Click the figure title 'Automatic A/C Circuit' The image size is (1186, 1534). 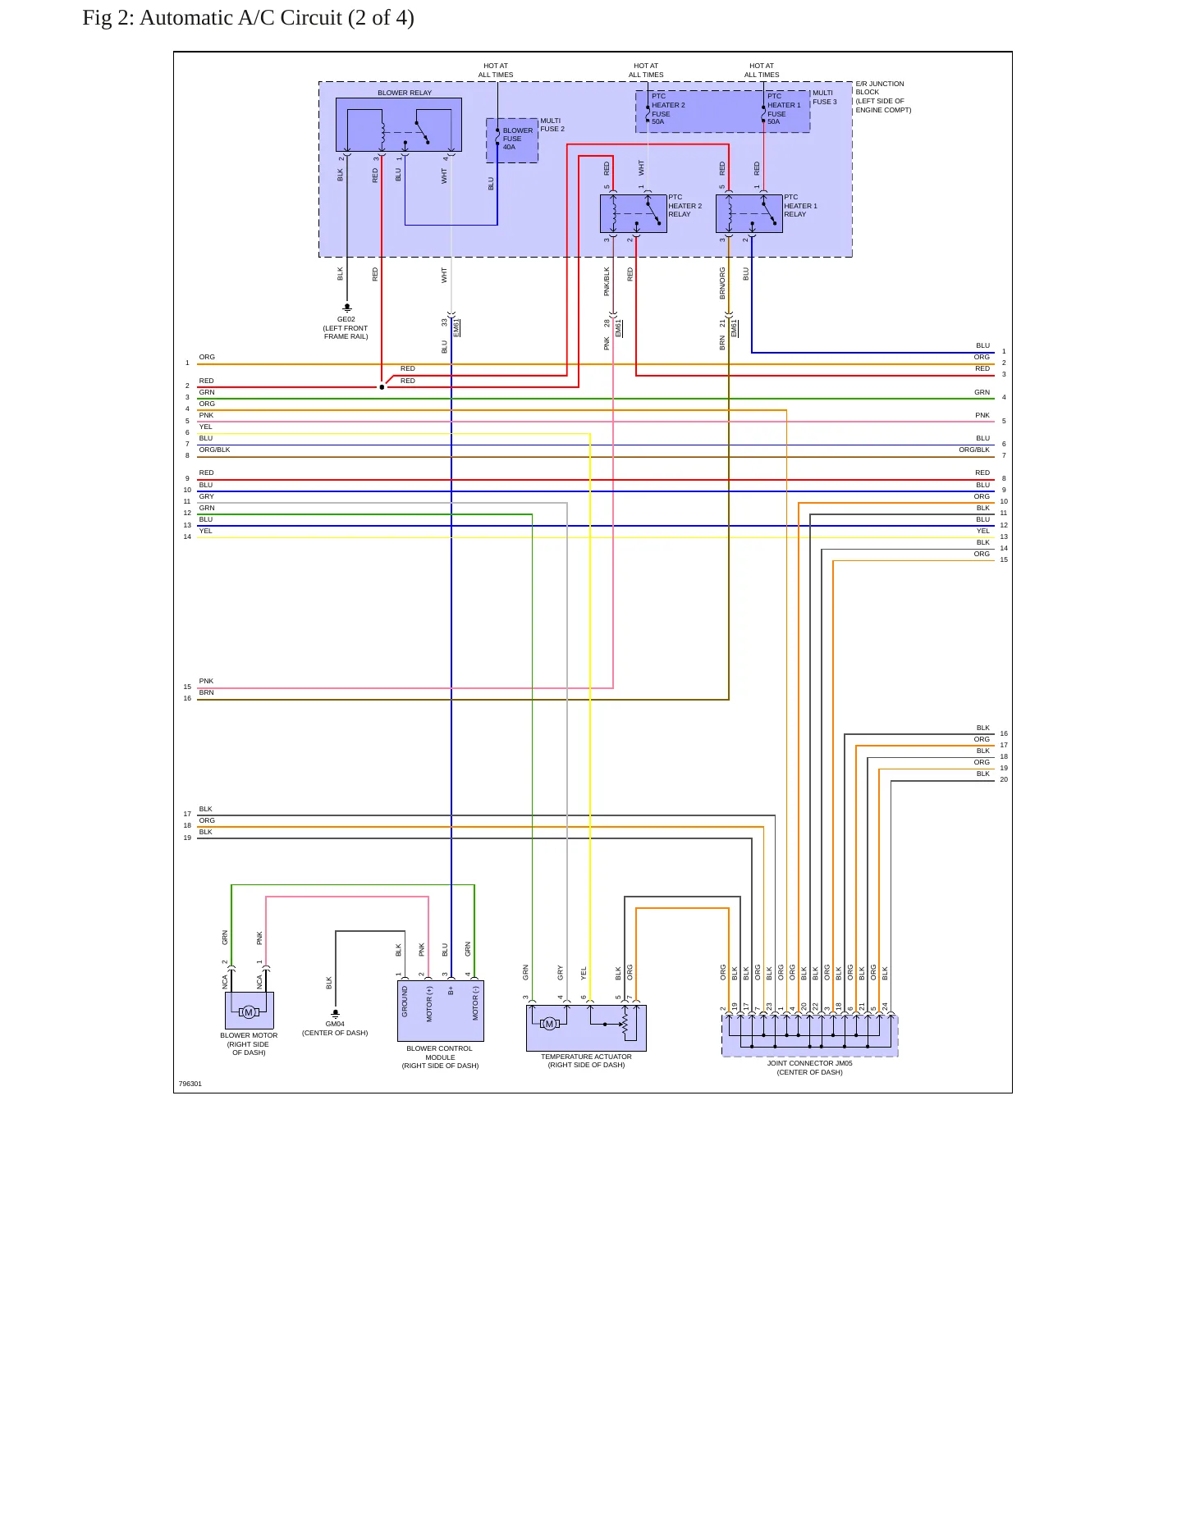point(240,18)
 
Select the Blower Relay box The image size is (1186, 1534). point(399,125)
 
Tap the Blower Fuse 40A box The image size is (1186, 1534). point(512,140)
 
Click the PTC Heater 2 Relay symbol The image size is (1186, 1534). point(633,213)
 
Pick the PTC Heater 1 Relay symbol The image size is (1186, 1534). point(749,213)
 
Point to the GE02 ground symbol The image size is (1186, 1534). point(346,308)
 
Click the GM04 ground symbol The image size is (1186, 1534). point(335,1014)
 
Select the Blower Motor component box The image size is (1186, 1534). point(249,1011)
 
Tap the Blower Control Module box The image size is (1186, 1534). point(440,1011)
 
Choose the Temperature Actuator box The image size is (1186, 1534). point(586,1028)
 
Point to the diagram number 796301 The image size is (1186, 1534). point(190,1084)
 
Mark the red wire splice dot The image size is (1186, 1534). point(382,387)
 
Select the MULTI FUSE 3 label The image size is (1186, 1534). point(825,97)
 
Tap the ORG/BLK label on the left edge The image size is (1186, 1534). point(214,450)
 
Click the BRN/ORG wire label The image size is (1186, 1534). point(722,282)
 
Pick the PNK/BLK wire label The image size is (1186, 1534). point(607,281)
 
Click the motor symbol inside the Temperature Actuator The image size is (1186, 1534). point(550,1024)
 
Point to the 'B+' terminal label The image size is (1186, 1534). point(451,990)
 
